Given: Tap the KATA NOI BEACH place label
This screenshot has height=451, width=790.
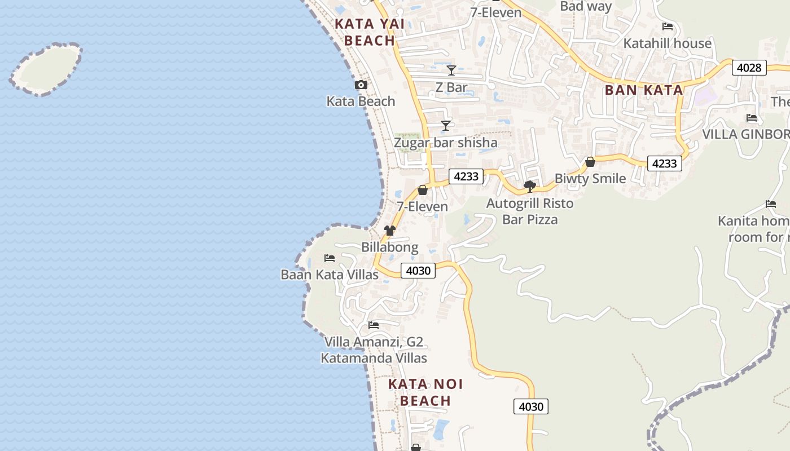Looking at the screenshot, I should pos(425,392).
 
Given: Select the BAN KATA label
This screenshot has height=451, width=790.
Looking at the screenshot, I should pos(644,90).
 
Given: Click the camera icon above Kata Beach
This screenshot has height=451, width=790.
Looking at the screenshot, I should pos(361,85).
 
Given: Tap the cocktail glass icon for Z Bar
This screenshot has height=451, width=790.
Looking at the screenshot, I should pos(451,70).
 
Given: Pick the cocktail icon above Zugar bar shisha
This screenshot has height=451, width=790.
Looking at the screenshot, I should pos(446,125).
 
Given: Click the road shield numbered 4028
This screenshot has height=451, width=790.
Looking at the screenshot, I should pos(749,68).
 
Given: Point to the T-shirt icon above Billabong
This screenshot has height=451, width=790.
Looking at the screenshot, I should pos(390,230).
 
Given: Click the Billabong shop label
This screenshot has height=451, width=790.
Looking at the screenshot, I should pos(390,247).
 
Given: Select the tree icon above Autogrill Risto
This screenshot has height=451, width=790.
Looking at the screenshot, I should pos(529,186).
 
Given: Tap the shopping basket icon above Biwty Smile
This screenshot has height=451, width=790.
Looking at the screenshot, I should pos(590,162).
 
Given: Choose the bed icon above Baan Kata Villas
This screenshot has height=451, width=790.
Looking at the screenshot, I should pos(330,258).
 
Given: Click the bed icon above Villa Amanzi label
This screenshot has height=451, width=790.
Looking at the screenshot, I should pos(373,325).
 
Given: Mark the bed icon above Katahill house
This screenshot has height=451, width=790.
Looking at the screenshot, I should pos(668,26).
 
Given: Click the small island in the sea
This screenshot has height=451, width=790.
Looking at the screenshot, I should pos(46,69).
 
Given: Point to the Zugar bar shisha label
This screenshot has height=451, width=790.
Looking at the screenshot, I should pos(446,143).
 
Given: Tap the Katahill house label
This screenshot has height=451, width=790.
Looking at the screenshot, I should pos(668,43).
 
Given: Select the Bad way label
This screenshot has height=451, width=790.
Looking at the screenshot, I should pos(586,7).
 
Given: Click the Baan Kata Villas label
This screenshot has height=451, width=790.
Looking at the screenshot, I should pos(330,275).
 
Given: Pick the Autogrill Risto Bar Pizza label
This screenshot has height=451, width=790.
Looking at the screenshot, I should pos(530,211).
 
